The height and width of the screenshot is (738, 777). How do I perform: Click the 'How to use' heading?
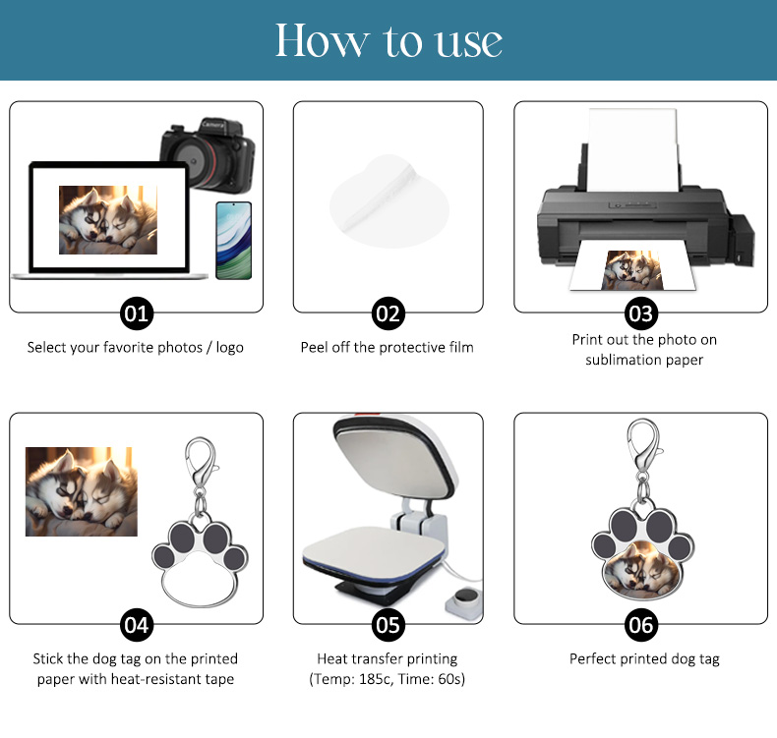click(388, 40)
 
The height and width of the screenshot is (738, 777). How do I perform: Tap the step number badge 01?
click(137, 313)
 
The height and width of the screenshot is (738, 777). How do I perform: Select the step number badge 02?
click(388, 313)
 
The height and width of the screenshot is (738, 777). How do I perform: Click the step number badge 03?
click(640, 313)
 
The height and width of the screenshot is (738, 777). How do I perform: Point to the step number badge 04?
click(137, 625)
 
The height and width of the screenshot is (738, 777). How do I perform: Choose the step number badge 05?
click(388, 625)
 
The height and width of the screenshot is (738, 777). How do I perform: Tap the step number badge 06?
click(640, 625)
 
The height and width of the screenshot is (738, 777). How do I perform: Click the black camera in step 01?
click(209, 155)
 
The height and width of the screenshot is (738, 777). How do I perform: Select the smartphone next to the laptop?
click(234, 241)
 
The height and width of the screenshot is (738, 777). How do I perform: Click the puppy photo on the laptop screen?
click(108, 220)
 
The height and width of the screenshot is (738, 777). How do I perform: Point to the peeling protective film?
click(389, 200)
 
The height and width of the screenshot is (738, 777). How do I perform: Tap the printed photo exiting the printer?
click(632, 270)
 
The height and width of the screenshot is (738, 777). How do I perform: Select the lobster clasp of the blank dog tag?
click(201, 461)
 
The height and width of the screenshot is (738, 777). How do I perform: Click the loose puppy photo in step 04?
click(82, 491)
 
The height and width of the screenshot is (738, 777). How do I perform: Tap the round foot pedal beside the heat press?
click(464, 600)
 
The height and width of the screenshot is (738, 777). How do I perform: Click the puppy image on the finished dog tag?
click(642, 570)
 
